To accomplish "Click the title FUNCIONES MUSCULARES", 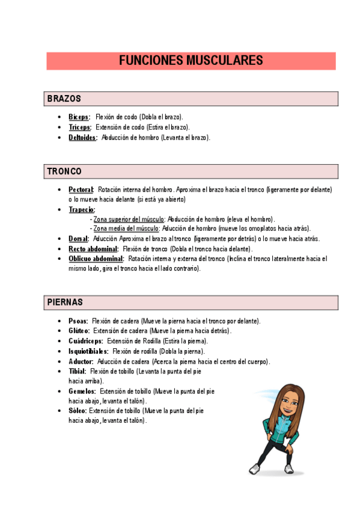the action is (x=191, y=61).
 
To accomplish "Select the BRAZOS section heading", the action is (x=64, y=99).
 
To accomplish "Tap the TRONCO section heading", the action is (x=64, y=171).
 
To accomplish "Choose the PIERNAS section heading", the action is (x=65, y=302).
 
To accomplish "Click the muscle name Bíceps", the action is (x=79, y=117).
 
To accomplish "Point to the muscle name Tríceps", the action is (x=80, y=127).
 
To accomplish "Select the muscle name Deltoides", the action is (x=82, y=137).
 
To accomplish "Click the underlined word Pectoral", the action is (x=81, y=189).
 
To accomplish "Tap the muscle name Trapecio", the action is (x=82, y=209).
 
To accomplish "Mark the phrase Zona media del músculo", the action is (x=126, y=229).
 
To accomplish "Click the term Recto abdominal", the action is (x=93, y=248).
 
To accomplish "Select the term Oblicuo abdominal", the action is (x=96, y=259).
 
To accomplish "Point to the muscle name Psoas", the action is (x=78, y=321).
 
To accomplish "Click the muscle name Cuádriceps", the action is (x=85, y=341).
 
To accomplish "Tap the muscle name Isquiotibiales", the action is (x=88, y=351).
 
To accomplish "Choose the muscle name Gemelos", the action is (x=82, y=391).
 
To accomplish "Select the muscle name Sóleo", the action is (x=78, y=411).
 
